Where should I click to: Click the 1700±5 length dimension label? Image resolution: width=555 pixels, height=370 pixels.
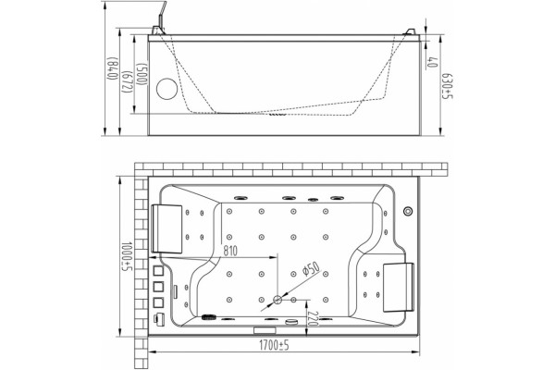274,345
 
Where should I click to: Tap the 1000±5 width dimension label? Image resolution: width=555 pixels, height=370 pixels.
127,257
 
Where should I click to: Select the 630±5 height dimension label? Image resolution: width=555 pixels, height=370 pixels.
448,86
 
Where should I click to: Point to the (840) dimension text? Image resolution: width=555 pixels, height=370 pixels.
113,68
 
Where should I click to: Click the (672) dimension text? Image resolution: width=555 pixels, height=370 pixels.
127,82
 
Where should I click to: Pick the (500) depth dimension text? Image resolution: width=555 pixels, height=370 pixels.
142,74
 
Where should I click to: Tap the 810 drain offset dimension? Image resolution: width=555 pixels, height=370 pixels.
230,251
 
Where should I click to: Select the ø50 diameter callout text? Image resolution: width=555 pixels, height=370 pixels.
311,269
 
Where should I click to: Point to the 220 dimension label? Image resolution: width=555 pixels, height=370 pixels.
313,318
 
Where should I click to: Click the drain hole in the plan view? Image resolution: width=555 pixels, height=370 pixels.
277,301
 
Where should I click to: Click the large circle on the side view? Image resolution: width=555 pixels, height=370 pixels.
166,89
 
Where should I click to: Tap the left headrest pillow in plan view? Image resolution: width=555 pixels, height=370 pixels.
166,228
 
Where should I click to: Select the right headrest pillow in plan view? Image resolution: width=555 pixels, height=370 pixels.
398,287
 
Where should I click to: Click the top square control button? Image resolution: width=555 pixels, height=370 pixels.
158,271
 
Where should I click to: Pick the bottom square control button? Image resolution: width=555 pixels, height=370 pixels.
158,302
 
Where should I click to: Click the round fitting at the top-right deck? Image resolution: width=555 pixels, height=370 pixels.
408,212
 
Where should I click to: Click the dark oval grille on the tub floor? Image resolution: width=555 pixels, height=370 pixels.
209,317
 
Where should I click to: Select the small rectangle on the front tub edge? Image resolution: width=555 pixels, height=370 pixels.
265,330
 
